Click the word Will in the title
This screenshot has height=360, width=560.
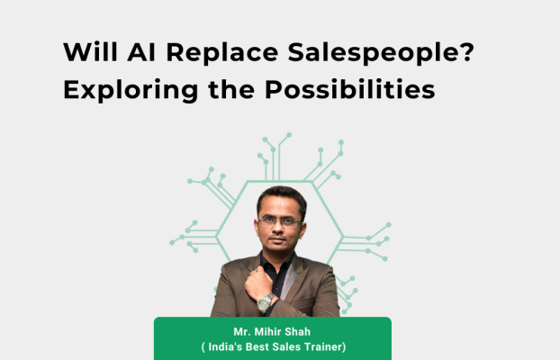(90, 52)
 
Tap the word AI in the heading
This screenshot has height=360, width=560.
(141, 52)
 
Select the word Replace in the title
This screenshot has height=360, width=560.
(221, 54)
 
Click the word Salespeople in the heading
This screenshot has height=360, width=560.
(370, 54)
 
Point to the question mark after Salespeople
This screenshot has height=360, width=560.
(465, 52)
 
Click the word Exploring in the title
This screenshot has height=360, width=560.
(131, 91)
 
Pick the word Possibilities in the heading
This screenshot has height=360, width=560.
(350, 89)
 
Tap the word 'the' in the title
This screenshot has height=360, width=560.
(231, 89)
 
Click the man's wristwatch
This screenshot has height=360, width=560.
(266, 302)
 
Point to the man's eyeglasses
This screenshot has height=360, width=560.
(280, 222)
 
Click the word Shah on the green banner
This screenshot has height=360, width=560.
(297, 332)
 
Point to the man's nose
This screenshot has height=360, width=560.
(279, 229)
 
